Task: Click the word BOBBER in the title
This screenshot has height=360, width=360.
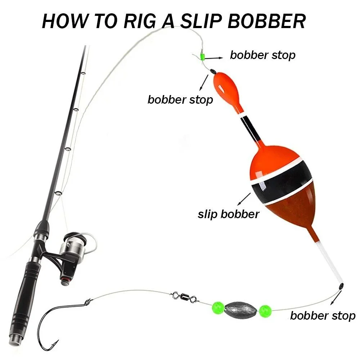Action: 266,21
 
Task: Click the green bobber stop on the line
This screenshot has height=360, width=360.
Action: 202,56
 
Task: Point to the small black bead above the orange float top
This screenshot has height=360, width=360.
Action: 213,71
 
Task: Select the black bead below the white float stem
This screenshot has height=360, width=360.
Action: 341,286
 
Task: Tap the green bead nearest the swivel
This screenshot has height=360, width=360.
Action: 218,308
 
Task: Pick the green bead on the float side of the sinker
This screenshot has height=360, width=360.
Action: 265,311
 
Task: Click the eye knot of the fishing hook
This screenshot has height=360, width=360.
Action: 88,302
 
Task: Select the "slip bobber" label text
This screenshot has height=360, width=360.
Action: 229,214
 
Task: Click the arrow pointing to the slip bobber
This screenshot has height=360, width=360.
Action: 244,199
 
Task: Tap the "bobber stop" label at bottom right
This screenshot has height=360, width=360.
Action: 323,316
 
